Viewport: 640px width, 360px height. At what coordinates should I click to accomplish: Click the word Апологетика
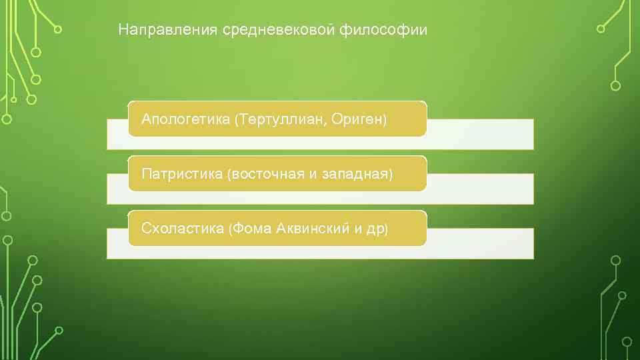[x=185, y=119]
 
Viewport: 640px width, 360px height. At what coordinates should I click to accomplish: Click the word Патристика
[x=181, y=174]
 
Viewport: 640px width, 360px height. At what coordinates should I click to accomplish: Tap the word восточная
[x=266, y=174]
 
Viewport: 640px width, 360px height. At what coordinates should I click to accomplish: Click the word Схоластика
[x=182, y=229]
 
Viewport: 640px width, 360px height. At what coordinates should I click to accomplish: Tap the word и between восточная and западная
[x=312, y=175]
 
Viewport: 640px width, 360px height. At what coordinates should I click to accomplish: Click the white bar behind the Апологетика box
[x=480, y=134]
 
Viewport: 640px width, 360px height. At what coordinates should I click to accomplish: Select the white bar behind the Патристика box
[x=480, y=189]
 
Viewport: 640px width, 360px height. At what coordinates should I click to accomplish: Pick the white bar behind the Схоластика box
[x=480, y=243]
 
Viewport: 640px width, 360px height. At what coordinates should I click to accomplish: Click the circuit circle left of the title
[x=58, y=29]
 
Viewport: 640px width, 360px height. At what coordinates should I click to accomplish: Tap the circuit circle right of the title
[x=601, y=29]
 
